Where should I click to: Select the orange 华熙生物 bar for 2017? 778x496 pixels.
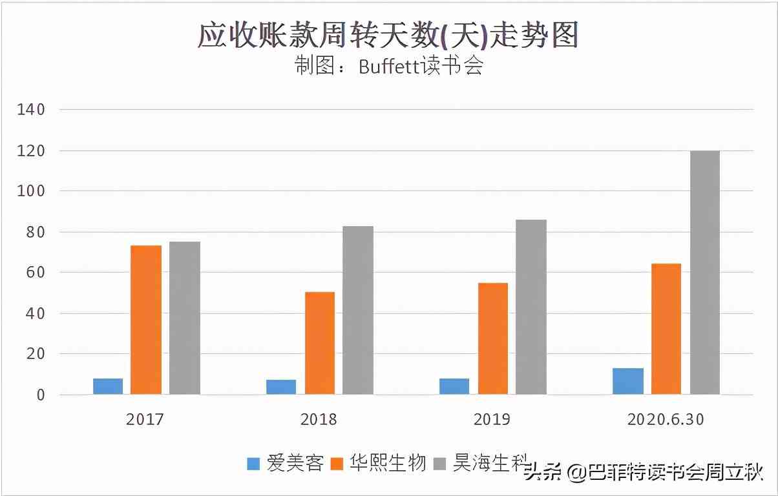[146, 320]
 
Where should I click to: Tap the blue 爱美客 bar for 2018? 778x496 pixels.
[281, 387]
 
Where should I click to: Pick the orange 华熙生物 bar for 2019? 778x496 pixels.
[492, 338]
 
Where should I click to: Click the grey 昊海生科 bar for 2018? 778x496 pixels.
[358, 310]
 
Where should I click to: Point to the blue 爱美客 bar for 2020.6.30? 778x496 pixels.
[628, 381]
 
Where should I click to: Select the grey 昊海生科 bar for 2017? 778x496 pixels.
[185, 318]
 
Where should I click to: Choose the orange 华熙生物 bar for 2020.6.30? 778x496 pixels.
[666, 329]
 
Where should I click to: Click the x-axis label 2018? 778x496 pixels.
[319, 420]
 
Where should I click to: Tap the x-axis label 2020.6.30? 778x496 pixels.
[666, 420]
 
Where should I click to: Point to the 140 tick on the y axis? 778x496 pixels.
[31, 110]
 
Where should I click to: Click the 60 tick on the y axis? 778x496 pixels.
[35, 273]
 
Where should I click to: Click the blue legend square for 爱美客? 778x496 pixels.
[254, 464]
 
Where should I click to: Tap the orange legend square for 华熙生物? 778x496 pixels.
[337, 464]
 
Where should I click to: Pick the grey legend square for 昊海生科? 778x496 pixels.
[440, 464]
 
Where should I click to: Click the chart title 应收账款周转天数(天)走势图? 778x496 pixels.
[388, 36]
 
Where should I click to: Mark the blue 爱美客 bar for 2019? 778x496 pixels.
[454, 386]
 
